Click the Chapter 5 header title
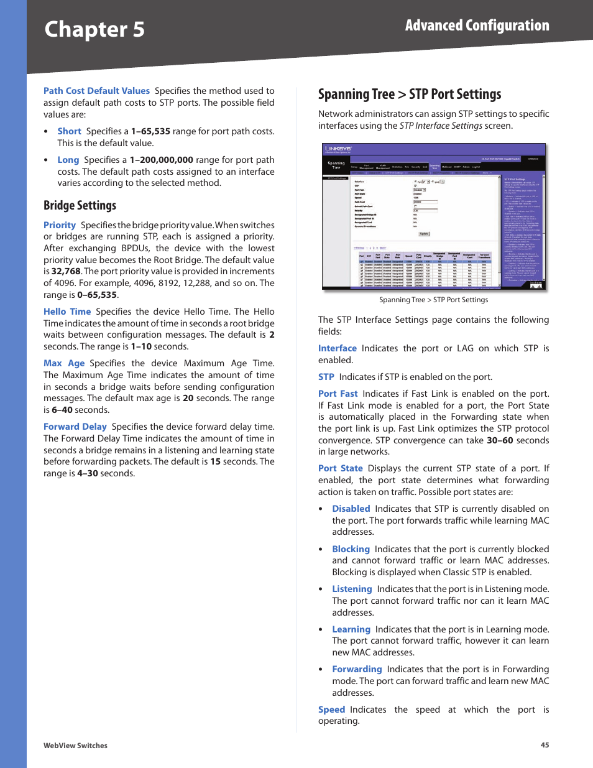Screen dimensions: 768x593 click(x=94, y=30)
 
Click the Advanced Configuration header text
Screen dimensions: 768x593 click(x=477, y=25)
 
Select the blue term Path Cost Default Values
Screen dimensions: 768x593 click(x=96, y=91)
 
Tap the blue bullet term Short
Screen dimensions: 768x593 click(x=69, y=131)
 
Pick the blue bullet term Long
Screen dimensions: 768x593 click(x=68, y=160)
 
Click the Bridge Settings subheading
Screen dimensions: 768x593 click(x=80, y=205)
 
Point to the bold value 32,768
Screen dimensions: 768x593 click(x=66, y=271)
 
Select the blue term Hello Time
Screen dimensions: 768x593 click(x=67, y=312)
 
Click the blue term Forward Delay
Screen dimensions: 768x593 click(x=75, y=427)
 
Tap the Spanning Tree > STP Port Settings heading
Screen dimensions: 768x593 click(x=409, y=95)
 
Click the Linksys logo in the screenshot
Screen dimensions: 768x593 click(x=338, y=149)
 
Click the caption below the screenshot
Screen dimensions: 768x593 click(x=433, y=300)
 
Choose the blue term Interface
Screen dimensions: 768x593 click(x=337, y=348)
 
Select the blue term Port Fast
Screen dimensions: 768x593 click(x=338, y=394)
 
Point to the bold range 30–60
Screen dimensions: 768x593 click(x=500, y=440)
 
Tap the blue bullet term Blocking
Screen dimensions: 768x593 click(x=351, y=549)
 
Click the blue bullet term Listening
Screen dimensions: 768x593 click(x=352, y=589)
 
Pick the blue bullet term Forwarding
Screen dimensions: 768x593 click(x=357, y=669)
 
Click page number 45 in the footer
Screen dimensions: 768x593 click(x=545, y=745)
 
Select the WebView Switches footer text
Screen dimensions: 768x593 click(x=75, y=746)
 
